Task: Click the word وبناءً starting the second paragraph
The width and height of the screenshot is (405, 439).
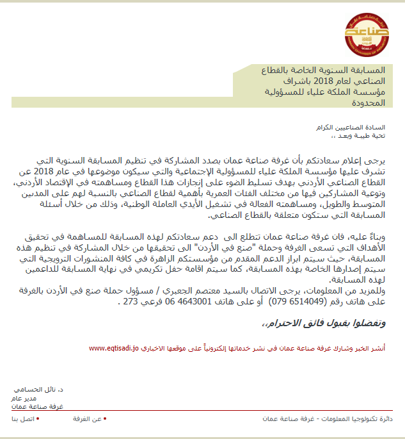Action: tap(386, 236)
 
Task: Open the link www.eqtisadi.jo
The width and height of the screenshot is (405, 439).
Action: tap(114, 349)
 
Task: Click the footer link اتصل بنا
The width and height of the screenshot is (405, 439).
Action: tap(23, 418)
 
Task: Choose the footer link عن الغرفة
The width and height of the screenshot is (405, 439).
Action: tap(88, 418)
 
